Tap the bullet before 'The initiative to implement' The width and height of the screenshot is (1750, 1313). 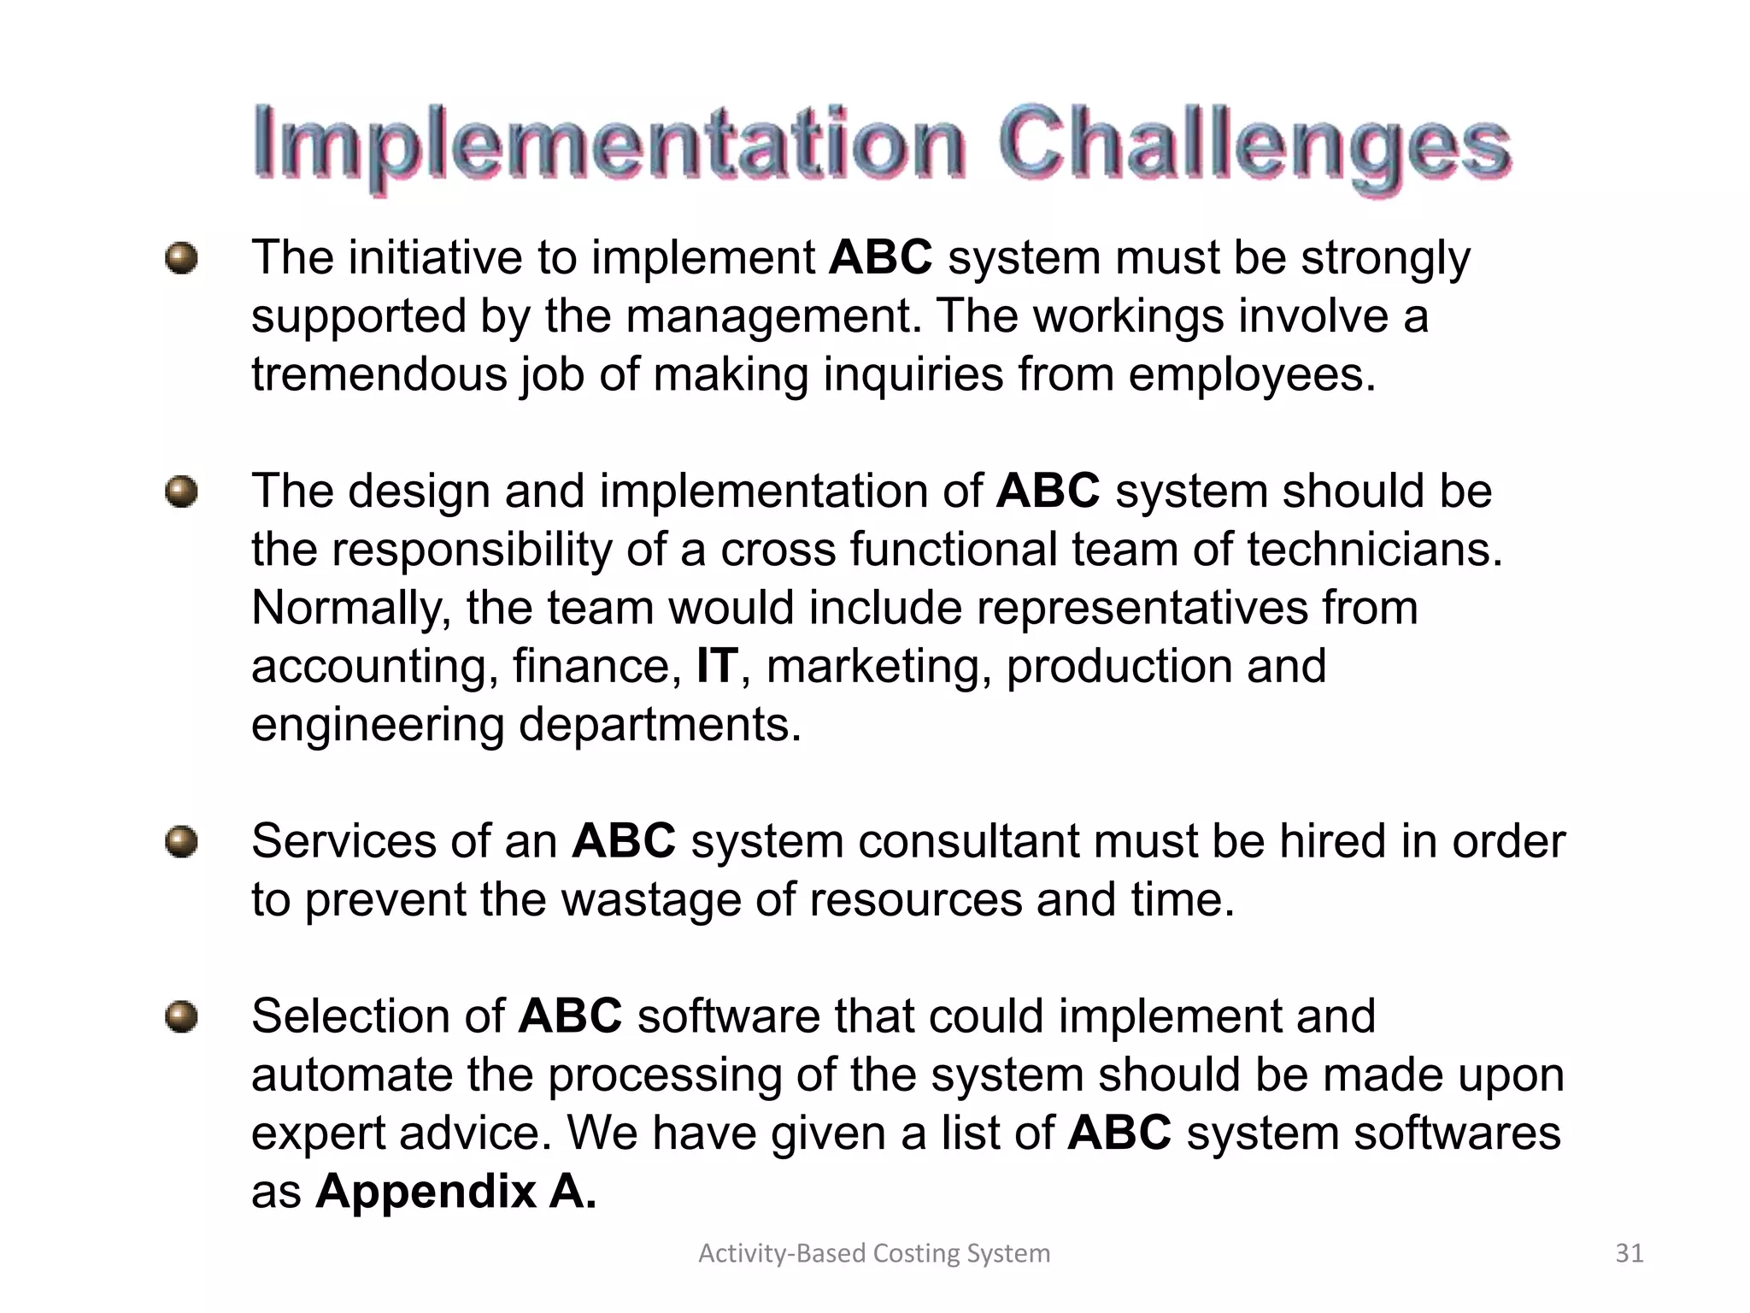point(181,258)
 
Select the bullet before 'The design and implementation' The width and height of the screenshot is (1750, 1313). point(181,492)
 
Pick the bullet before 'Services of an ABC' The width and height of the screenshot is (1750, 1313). point(181,842)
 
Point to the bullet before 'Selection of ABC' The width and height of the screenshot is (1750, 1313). point(181,1017)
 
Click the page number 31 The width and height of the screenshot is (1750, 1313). point(1630,1253)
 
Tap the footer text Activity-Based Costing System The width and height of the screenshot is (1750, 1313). point(874,1253)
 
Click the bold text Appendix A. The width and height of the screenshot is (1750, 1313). point(455,1191)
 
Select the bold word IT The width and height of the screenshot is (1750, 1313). point(716,666)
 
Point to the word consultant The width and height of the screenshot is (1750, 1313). point(969,842)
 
